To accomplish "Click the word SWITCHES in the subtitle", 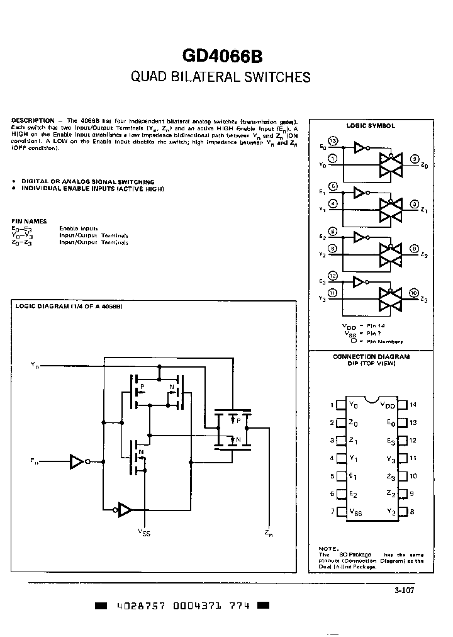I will pyautogui.click(x=276, y=77).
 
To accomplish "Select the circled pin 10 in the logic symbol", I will pyautogui.click(x=413, y=293).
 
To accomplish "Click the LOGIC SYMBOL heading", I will pyautogui.click(x=375, y=125).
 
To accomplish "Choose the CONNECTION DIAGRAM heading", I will pyautogui.click(x=371, y=356).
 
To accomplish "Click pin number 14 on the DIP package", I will pyautogui.click(x=413, y=405).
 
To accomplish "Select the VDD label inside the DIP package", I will pyautogui.click(x=388, y=405).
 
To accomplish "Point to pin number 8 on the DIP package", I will pyautogui.click(x=412, y=512).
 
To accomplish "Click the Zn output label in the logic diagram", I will pyautogui.click(x=269, y=534).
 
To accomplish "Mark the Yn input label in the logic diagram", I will pyautogui.click(x=35, y=364).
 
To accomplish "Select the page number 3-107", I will pyautogui.click(x=405, y=590).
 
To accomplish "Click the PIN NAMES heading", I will pyautogui.click(x=30, y=221).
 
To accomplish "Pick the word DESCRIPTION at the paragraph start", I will pyautogui.click(x=33, y=120).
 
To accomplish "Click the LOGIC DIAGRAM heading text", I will pyautogui.click(x=69, y=307).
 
